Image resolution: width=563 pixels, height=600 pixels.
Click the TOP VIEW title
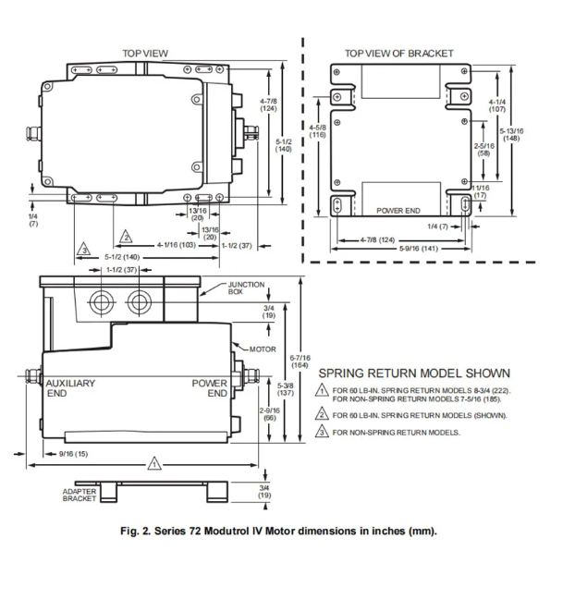tap(145, 54)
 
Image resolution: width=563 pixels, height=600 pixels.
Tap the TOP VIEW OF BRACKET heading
tap(399, 54)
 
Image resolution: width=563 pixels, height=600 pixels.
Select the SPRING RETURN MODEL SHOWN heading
tap(414, 373)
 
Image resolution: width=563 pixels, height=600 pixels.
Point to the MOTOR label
tap(263, 349)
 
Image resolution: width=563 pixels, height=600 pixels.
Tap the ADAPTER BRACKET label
tap(80, 496)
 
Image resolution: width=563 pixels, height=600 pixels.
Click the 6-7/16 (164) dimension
tap(299, 361)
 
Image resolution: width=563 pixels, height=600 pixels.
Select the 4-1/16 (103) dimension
tap(176, 244)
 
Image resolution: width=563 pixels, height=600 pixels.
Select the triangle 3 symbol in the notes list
tap(322, 432)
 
